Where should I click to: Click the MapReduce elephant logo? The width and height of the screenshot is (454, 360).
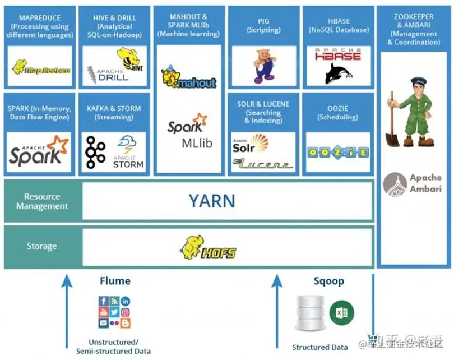click(x=41, y=67)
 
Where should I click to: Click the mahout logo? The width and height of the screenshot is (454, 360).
click(x=188, y=79)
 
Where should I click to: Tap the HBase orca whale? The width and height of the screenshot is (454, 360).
click(x=339, y=73)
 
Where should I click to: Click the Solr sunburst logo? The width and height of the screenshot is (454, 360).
click(x=251, y=144)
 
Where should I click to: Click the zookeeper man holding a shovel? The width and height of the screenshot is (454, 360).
click(x=410, y=112)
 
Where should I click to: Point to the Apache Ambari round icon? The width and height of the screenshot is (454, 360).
click(x=395, y=184)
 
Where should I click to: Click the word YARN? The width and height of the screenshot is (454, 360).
click(x=211, y=200)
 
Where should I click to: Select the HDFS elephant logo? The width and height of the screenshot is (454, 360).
click(x=208, y=247)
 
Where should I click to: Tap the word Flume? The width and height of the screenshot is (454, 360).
click(x=115, y=281)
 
